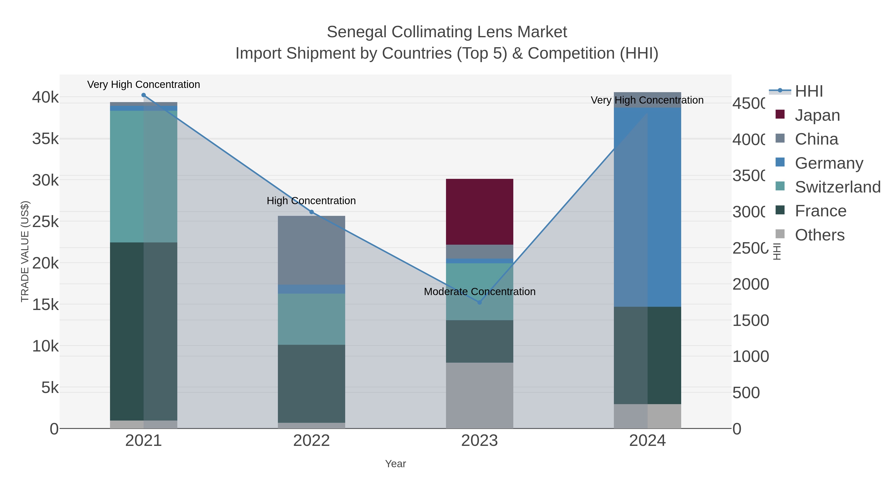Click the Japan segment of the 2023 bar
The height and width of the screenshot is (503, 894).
tap(479, 211)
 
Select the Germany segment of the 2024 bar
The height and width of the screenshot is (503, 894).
tap(647, 207)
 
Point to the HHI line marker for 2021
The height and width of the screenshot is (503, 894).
tap(144, 95)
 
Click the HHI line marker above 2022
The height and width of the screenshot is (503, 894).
tap(311, 212)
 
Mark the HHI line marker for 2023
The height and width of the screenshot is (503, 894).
tap(479, 302)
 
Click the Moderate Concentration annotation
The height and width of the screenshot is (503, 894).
tap(479, 292)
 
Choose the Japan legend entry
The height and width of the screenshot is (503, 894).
tap(817, 115)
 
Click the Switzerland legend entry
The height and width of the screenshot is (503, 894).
tap(837, 187)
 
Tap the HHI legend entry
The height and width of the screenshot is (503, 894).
tap(809, 91)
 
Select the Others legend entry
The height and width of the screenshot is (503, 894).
tap(819, 235)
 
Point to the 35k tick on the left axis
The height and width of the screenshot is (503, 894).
tap(45, 139)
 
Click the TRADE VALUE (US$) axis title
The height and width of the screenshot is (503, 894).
tap(25, 251)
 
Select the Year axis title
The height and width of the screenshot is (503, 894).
tap(395, 464)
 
